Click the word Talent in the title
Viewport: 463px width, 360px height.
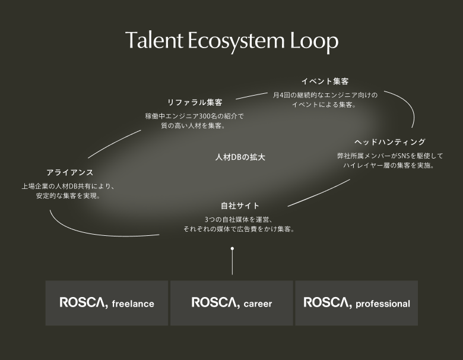154,40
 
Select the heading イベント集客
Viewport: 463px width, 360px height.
325,81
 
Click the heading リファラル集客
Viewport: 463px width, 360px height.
195,103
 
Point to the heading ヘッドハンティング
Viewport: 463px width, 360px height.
390,142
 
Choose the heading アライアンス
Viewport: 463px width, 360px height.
69,173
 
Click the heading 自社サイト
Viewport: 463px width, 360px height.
240,206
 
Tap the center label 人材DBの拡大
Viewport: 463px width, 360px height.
240,157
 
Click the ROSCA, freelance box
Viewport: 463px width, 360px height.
107,303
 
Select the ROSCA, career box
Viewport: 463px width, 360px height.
231,303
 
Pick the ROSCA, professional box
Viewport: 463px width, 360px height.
356,303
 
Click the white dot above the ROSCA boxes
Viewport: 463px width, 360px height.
232,248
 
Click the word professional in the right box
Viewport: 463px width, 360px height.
383,304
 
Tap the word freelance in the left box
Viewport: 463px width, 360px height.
133,304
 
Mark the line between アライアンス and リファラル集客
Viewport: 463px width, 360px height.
114,143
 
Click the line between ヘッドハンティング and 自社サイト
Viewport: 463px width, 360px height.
319,193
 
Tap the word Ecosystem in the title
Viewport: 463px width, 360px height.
236,42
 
